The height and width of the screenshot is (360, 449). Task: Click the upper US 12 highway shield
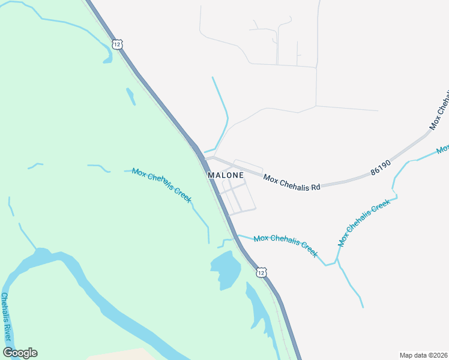coord(117,44)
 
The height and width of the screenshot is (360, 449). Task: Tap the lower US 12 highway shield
coord(260,272)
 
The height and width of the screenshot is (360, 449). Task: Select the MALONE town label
coord(226,175)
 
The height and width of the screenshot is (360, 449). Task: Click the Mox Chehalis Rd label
coord(292,182)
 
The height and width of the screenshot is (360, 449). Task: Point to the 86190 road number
coord(381,167)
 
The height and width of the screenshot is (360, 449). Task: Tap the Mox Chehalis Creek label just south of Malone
coord(285,245)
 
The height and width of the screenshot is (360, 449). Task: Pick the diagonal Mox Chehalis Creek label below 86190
coord(364,223)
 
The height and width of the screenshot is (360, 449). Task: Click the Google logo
coord(20,353)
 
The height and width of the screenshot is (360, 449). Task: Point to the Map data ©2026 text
coord(423,355)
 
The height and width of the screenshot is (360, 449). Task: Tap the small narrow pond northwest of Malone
coord(130,96)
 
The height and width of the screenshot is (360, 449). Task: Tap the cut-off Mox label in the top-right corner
coord(443,148)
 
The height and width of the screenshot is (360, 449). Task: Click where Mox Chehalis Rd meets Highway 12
coord(204,158)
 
